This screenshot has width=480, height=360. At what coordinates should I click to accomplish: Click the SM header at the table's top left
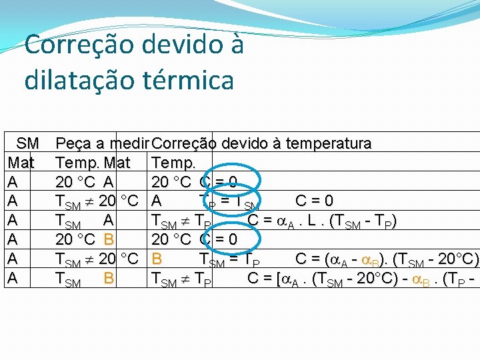tap(28, 143)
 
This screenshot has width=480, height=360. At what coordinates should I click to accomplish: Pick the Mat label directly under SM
tap(21, 162)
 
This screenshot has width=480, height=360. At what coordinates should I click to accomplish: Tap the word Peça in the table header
tap(74, 143)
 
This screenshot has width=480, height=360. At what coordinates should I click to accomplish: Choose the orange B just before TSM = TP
tap(157, 258)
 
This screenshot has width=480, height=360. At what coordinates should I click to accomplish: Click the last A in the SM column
tap(12, 277)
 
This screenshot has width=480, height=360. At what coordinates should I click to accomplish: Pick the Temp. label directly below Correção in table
tap(173, 162)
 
